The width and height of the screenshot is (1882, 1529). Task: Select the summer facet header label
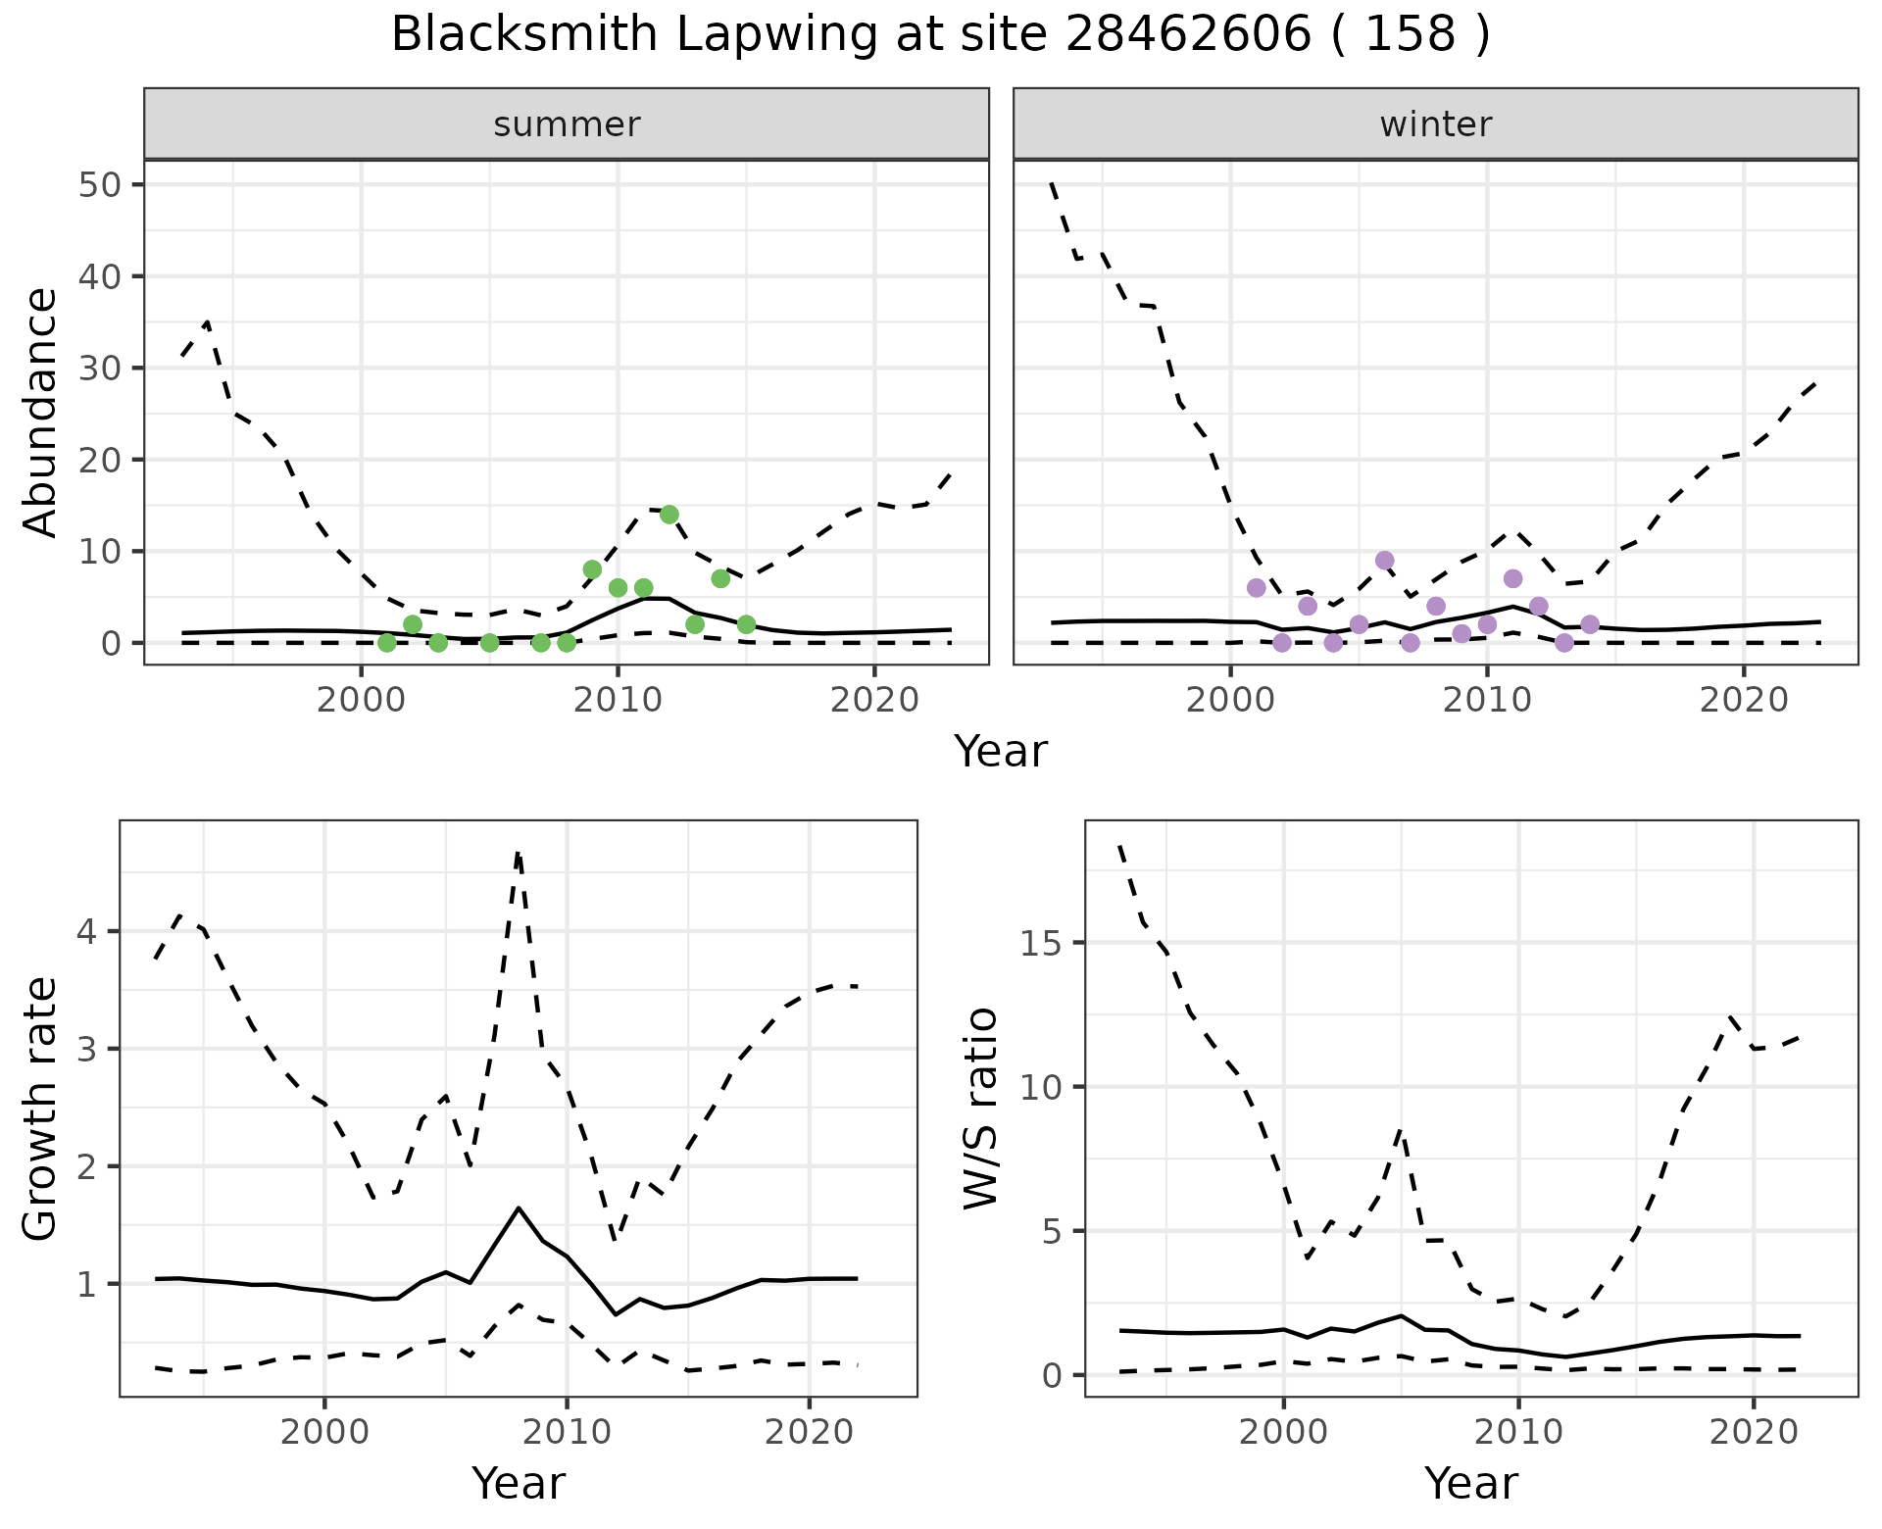point(567,124)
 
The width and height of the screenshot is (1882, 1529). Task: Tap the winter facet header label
point(1435,124)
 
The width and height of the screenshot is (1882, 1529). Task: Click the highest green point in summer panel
point(669,515)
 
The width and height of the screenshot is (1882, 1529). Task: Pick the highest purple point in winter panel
point(1384,561)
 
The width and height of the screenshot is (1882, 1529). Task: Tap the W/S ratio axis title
point(980,1110)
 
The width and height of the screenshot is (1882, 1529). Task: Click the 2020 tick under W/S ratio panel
point(1753,1432)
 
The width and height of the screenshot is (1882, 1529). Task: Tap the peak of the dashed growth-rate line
point(518,853)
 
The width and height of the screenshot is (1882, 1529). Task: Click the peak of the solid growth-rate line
point(518,1208)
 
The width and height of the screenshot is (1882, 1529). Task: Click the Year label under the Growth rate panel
point(518,1483)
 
